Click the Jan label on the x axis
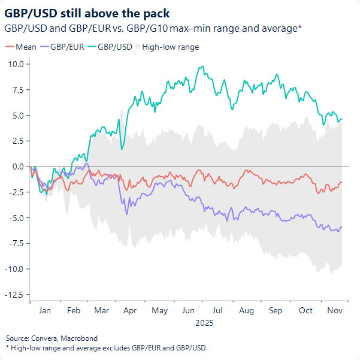click(x=44, y=310)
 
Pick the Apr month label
click(x=130, y=310)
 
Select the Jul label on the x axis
click(x=217, y=310)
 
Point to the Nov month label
click(x=335, y=310)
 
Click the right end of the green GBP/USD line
click(x=341, y=119)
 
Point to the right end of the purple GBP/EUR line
click(x=341, y=227)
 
